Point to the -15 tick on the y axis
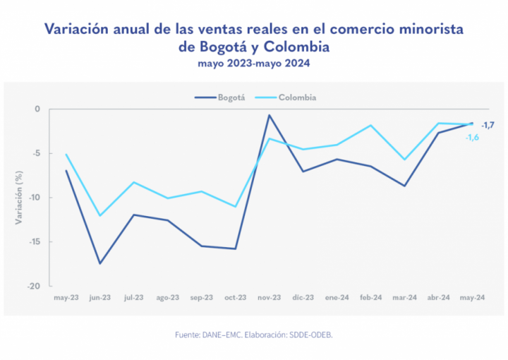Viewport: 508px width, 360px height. pyautogui.click(x=37, y=241)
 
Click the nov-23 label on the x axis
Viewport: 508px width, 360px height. pyautogui.click(x=269, y=298)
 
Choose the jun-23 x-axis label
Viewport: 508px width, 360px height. pyautogui.click(x=100, y=298)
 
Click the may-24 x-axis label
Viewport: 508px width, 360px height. pyautogui.click(x=472, y=298)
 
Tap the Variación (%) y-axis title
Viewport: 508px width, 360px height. pyautogui.click(x=19, y=198)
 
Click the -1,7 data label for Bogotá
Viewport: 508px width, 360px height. pyautogui.click(x=488, y=125)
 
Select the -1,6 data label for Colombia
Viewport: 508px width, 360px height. pyautogui.click(x=472, y=137)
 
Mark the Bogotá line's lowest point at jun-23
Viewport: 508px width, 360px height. pyautogui.click(x=100, y=263)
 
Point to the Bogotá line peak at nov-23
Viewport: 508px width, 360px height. pyautogui.click(x=269, y=115)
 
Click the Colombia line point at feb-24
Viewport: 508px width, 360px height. pyautogui.click(x=370, y=125)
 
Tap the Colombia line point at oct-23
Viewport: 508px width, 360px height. pyautogui.click(x=235, y=206)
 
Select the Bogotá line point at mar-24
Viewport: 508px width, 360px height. pyautogui.click(x=404, y=186)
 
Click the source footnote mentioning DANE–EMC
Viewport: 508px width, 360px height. pyautogui.click(x=254, y=334)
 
